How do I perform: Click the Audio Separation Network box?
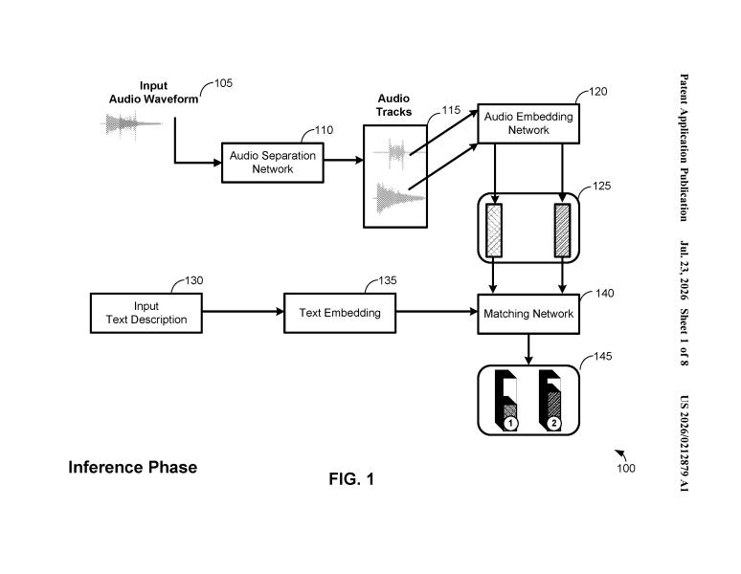pyautogui.click(x=273, y=163)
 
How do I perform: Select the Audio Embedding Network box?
pyautogui.click(x=528, y=123)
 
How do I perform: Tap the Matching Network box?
pyautogui.click(x=528, y=314)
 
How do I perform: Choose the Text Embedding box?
pyautogui.click(x=340, y=313)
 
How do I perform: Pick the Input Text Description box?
pyautogui.click(x=146, y=313)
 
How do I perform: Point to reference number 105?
pyautogui.click(x=223, y=83)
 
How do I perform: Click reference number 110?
pyautogui.click(x=324, y=130)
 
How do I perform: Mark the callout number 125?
pyautogui.click(x=601, y=186)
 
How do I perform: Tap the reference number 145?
pyautogui.click(x=602, y=356)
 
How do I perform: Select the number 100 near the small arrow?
pyautogui.click(x=626, y=468)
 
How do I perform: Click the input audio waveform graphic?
pyautogui.click(x=131, y=125)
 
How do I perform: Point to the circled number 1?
pyautogui.click(x=510, y=423)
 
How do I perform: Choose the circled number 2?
pyautogui.click(x=554, y=423)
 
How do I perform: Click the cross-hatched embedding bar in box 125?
pyautogui.click(x=494, y=231)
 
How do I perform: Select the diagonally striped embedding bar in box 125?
pyautogui.click(x=562, y=231)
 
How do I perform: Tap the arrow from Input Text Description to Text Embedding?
pyautogui.click(x=243, y=312)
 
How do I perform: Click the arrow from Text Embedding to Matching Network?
pyautogui.click(x=437, y=312)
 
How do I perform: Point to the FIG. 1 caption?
pyautogui.click(x=351, y=479)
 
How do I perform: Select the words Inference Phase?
pyautogui.click(x=133, y=467)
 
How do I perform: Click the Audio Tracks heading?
pyautogui.click(x=393, y=105)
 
